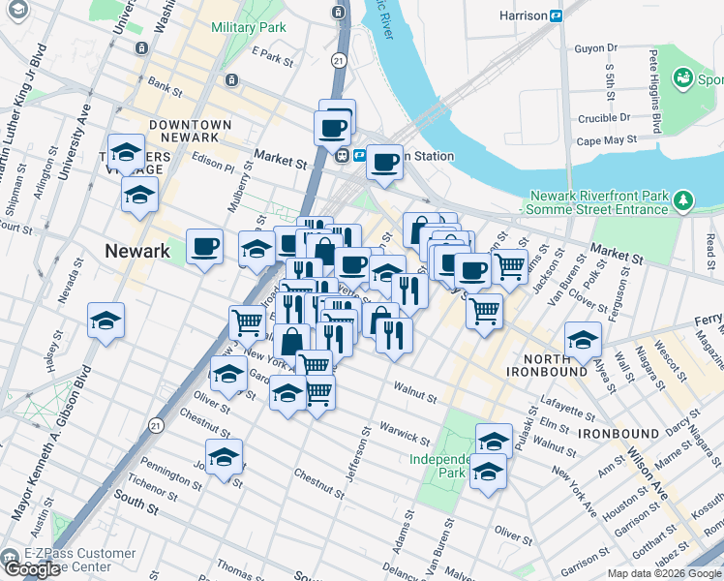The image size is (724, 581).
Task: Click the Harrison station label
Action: (x=523, y=15)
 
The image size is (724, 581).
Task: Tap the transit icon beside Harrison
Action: (x=557, y=15)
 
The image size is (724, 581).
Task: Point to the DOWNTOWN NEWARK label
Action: (x=191, y=132)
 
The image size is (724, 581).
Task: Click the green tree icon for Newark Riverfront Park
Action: (x=685, y=200)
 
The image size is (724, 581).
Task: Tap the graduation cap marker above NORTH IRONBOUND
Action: (x=584, y=340)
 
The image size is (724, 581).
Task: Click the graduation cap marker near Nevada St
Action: (x=106, y=320)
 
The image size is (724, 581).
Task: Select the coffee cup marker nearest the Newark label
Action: (x=203, y=247)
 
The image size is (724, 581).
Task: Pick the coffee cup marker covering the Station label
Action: (x=385, y=161)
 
